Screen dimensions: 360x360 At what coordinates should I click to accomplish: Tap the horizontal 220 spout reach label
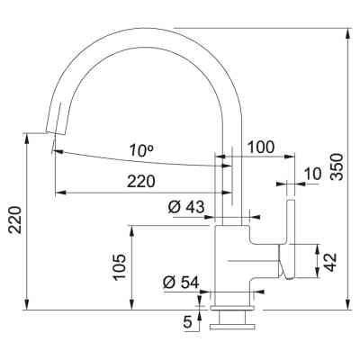tap(140, 181)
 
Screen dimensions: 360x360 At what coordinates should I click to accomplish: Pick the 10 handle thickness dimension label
tap(311, 173)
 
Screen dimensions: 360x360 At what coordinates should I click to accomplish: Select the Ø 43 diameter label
tap(186, 206)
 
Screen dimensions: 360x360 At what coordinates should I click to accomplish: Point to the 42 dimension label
tap(330, 262)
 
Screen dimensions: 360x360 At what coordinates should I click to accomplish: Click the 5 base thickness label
tap(187, 319)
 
